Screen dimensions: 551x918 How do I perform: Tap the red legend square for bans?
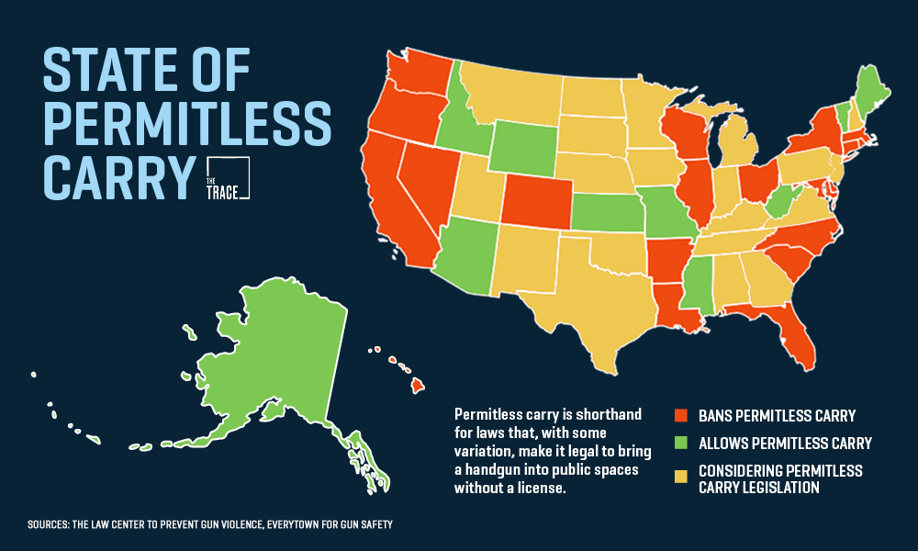click(680, 415)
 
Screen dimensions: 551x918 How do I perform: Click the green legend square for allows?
click(680, 444)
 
